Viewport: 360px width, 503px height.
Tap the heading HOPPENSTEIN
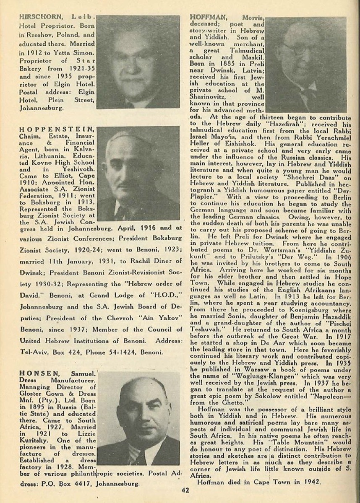click(57, 129)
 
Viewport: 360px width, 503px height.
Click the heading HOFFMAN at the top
click(209, 17)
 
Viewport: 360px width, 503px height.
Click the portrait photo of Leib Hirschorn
click(138, 62)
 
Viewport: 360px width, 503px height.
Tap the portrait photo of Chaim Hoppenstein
click(138, 173)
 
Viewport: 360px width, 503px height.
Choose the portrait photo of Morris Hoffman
click(306, 64)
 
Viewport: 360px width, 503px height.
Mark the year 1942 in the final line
click(310, 482)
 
